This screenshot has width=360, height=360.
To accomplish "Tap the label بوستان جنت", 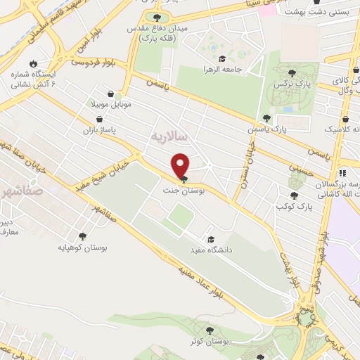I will click(x=180, y=190).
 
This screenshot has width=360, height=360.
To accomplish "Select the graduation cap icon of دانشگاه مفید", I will click(x=209, y=238).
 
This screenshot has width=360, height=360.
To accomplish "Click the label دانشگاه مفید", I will click(x=210, y=250).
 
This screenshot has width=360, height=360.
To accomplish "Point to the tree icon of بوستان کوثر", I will click(x=209, y=329).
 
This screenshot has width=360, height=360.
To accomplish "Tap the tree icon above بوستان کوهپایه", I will click(x=82, y=237).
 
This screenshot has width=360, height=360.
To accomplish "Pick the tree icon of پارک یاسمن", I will click(x=266, y=118).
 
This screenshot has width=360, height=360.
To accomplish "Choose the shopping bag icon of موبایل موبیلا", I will click(x=110, y=93).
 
